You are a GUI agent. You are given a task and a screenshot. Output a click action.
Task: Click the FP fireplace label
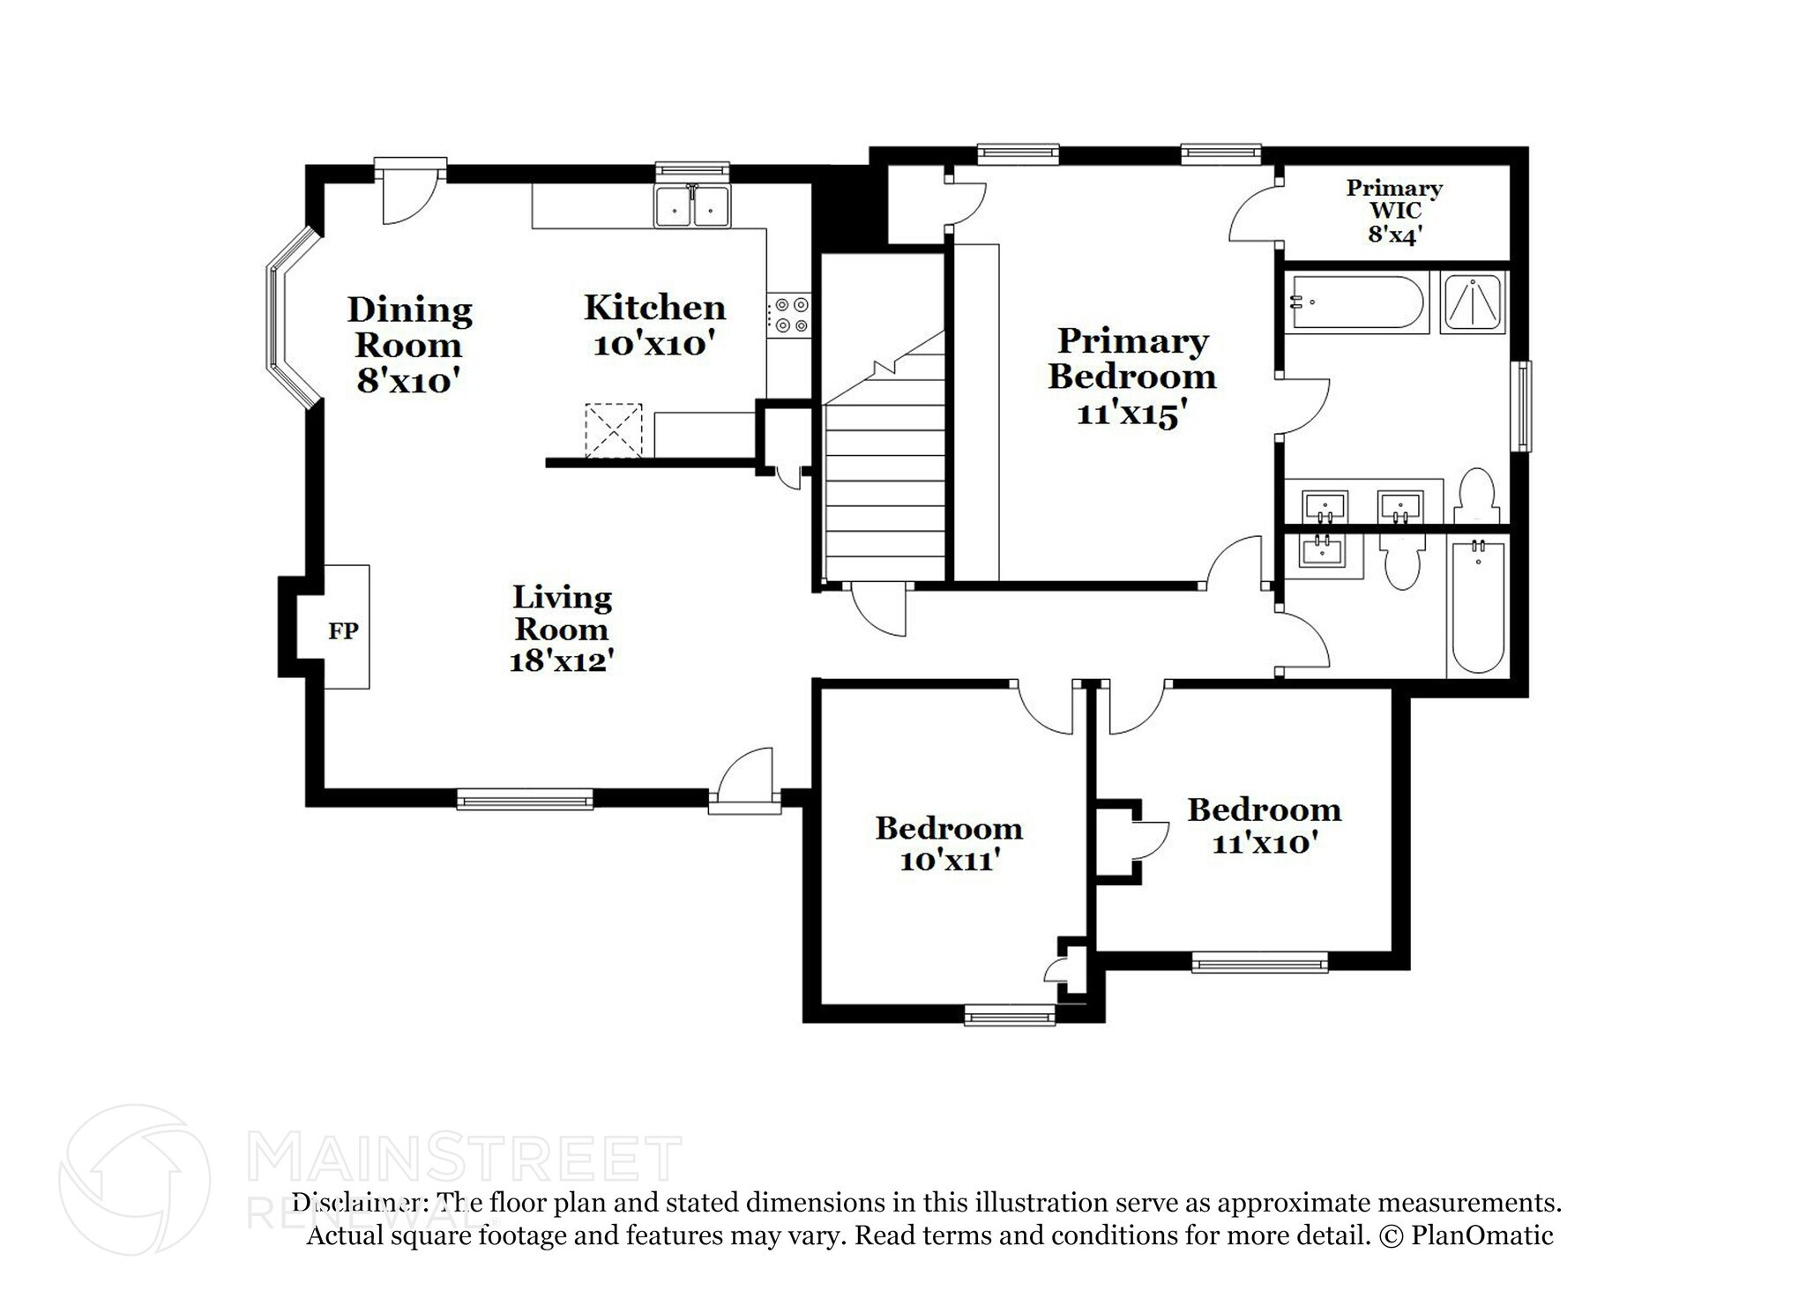coord(343,631)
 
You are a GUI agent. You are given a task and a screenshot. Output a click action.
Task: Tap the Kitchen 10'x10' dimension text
coord(653,345)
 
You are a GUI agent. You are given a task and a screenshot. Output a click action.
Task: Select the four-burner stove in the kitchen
coord(789,316)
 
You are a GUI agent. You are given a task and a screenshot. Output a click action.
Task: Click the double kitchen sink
coord(692,208)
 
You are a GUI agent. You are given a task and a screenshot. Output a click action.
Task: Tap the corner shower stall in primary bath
coord(1473,302)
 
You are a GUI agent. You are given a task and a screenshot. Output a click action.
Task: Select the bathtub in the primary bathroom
coord(1355,302)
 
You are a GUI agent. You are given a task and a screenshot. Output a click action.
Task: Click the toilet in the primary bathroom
coord(1475,496)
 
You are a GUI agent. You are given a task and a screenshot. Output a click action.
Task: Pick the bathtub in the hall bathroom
coord(1478,608)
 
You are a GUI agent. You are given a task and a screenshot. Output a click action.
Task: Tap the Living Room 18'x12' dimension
coord(561,660)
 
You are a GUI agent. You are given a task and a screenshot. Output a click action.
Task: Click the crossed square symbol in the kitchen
coord(613,430)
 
